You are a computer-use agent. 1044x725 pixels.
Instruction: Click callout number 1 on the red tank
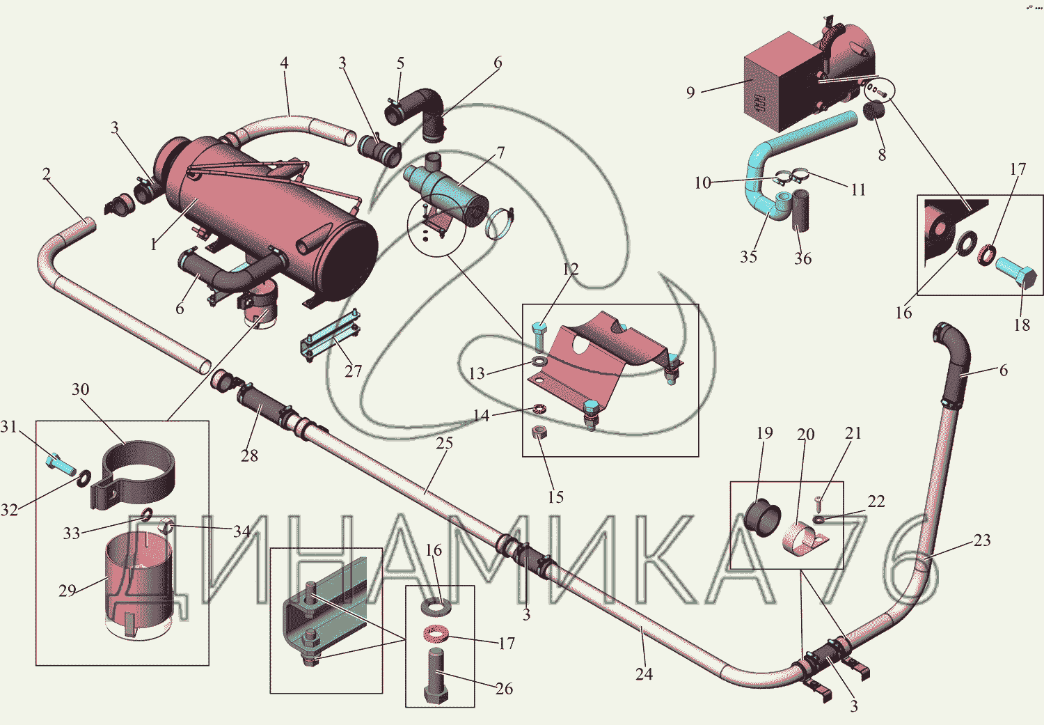[x=153, y=244]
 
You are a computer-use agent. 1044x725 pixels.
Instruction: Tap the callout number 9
[x=690, y=93]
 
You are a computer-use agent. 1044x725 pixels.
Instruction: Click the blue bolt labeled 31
[x=61, y=463]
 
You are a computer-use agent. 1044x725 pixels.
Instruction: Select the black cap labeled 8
[x=873, y=111]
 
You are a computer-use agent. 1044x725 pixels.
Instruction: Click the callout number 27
[x=353, y=371]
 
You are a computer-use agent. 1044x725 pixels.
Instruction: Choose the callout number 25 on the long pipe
[x=444, y=443]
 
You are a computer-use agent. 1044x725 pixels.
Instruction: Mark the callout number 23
[x=981, y=540]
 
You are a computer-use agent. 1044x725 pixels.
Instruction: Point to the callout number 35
[x=748, y=256]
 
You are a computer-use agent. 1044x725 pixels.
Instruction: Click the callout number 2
[x=46, y=174]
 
